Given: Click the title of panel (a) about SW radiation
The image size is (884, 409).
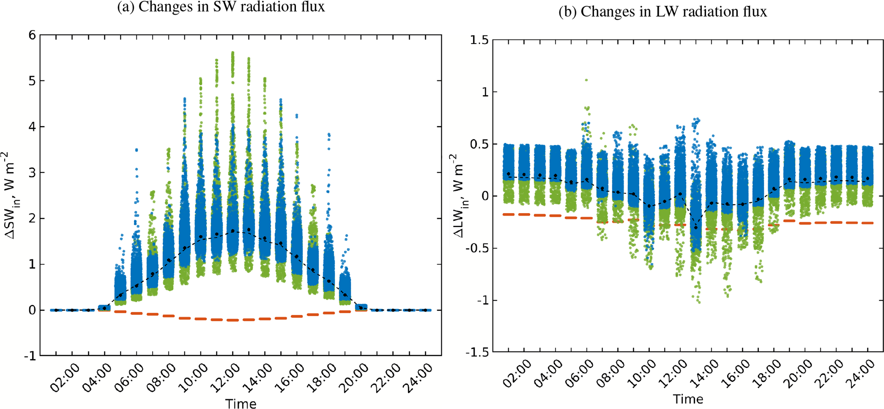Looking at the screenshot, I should click(221, 7).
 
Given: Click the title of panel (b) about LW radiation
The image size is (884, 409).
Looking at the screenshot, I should click(662, 12).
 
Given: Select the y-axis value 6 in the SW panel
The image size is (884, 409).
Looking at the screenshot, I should click(32, 35).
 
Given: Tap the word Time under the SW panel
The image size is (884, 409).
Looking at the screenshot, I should click(241, 403).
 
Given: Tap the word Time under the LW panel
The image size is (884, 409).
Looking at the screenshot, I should click(688, 399).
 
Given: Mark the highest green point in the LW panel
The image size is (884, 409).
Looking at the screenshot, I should click(586, 80).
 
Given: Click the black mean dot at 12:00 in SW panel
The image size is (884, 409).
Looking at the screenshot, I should click(233, 231).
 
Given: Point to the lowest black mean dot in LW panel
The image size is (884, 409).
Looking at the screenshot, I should click(696, 227).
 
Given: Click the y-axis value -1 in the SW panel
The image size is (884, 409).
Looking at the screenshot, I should click(30, 356).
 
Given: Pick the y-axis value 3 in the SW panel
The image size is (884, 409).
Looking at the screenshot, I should click(32, 172).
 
